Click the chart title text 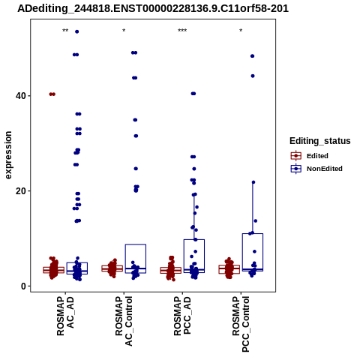pyautogui.click(x=153, y=8)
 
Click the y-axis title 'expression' pyautogui.click(x=8, y=155)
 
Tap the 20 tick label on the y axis pyautogui.click(x=22, y=191)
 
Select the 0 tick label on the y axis pyautogui.click(x=24, y=286)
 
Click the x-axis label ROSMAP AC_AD pyautogui.click(x=65, y=316)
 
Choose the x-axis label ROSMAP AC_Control pyautogui.click(x=124, y=321)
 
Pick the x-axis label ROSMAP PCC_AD pyautogui.click(x=182, y=316)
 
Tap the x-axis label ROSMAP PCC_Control pyautogui.click(x=241, y=324)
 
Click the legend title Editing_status pyautogui.click(x=320, y=141)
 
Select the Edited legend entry pyautogui.click(x=310, y=156)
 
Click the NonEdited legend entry pyautogui.click(x=316, y=169)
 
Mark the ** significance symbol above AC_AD pyautogui.click(x=65, y=31)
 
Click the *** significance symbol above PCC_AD pyautogui.click(x=182, y=31)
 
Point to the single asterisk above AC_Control pyautogui.click(x=124, y=31)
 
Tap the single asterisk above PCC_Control pyautogui.click(x=241, y=31)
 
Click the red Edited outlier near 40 pyautogui.click(x=52, y=94)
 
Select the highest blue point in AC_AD pyautogui.click(x=77, y=31)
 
